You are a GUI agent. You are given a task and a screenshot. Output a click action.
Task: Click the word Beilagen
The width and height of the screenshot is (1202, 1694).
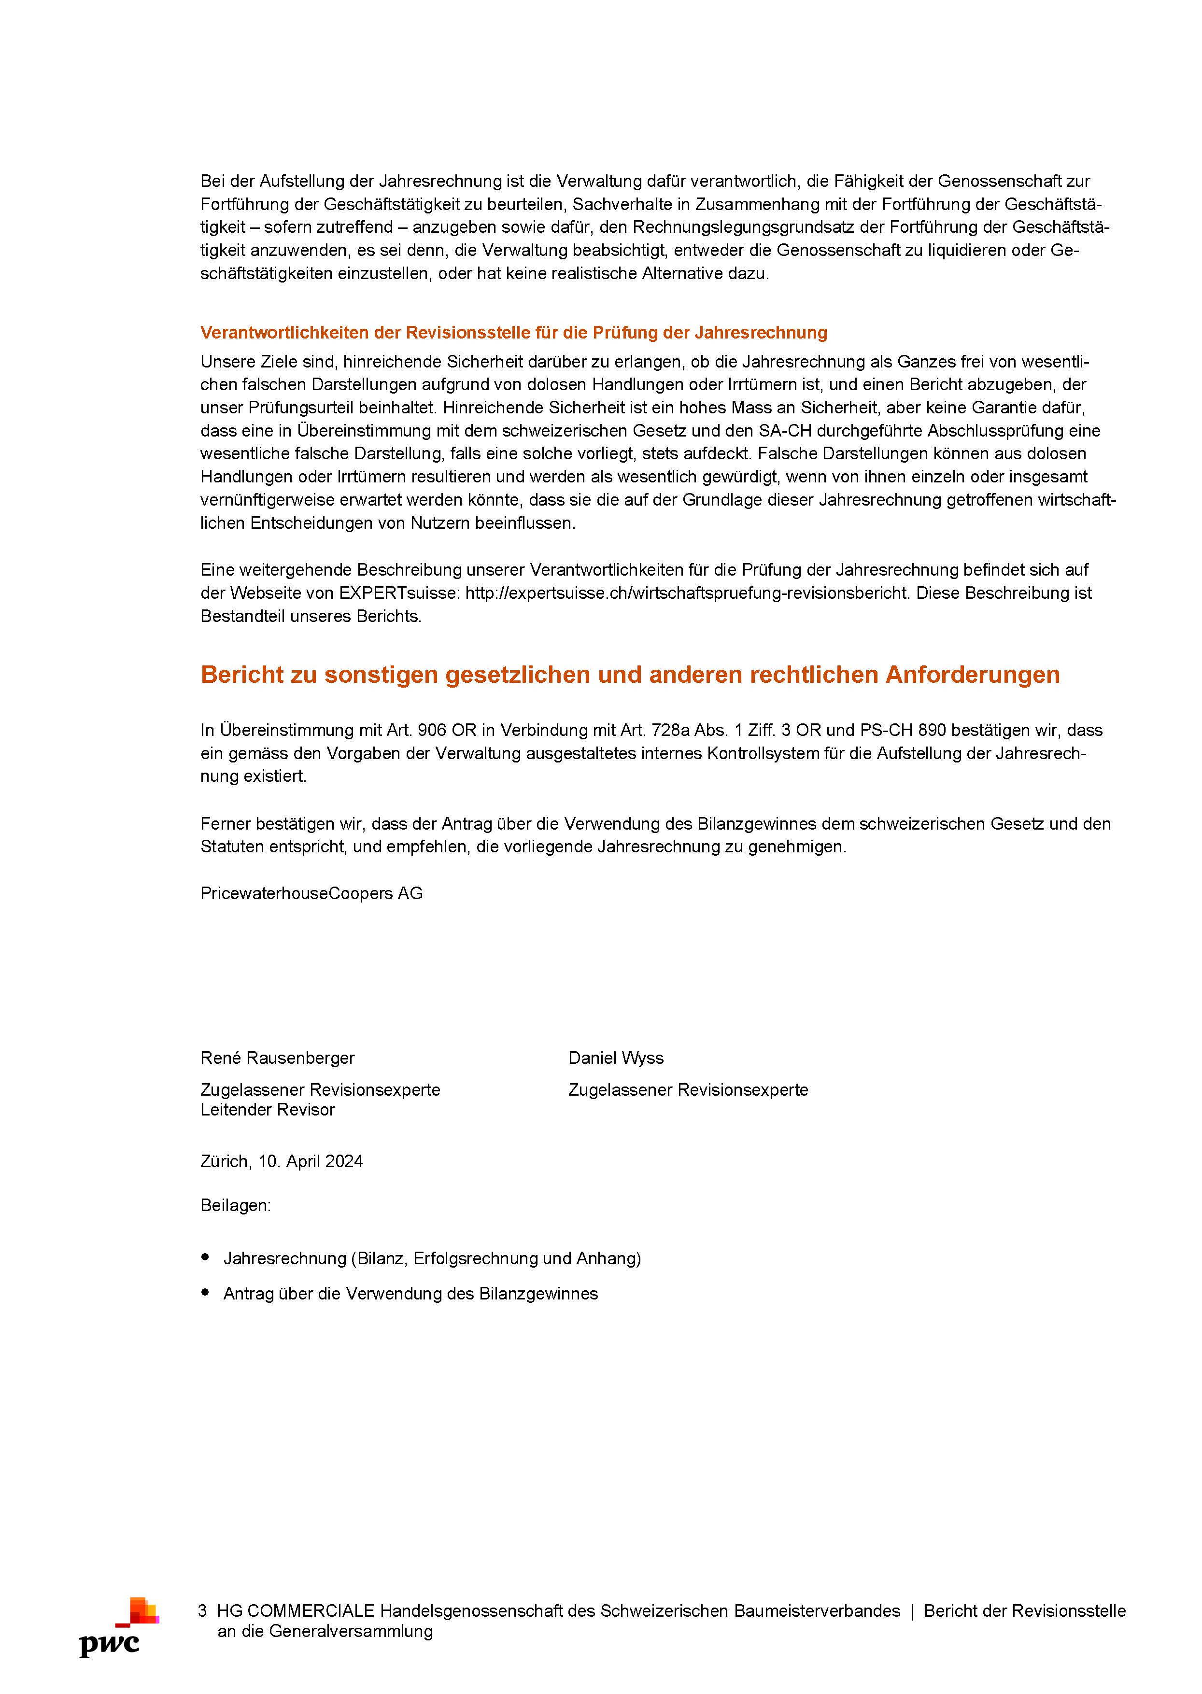click(x=235, y=1206)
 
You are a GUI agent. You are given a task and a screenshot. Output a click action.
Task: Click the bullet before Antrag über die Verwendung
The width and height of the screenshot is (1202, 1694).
click(x=206, y=1293)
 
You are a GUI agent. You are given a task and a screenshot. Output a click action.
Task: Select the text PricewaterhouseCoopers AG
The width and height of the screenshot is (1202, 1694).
click(x=311, y=893)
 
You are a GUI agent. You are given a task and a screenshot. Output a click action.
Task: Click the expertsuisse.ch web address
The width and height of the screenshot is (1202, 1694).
click(x=687, y=593)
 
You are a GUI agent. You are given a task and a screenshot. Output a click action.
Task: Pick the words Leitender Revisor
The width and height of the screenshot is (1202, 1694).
click(x=267, y=1109)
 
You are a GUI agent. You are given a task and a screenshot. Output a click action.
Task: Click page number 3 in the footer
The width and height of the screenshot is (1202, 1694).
click(x=202, y=1611)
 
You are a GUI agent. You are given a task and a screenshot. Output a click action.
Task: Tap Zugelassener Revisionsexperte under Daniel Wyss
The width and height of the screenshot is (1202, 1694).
click(x=688, y=1090)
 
